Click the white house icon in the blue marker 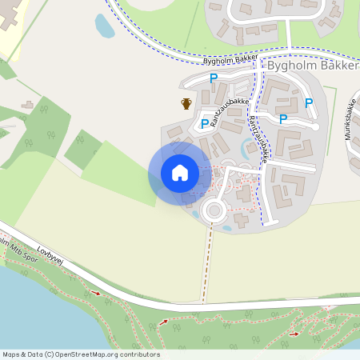coord(180,173)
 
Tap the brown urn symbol coord(186,103)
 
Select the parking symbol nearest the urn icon coord(205,123)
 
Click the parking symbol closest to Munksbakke coord(309,102)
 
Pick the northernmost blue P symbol coord(214,78)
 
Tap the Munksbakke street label coord(350,121)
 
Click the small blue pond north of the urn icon coord(105,26)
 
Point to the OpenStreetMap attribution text coord(81,354)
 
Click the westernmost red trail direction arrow coord(98,293)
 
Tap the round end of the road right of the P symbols coord(315,126)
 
